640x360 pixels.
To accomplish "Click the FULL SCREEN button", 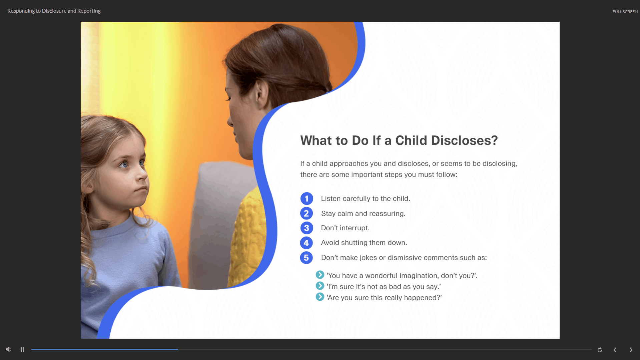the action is coord(625,12).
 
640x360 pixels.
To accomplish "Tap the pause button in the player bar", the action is coord(22,350).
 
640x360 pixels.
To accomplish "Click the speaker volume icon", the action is coord(8,349).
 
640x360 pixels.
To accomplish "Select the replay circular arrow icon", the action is coord(600,350).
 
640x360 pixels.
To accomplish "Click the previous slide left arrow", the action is coord(615,350).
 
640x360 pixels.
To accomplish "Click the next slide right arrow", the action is coord(631,350).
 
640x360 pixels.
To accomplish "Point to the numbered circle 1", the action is coord(306,199).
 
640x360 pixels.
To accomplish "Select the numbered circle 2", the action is coord(306,214).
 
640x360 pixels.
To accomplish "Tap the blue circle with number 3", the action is coord(306,228).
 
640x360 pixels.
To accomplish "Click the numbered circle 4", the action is coord(306,243).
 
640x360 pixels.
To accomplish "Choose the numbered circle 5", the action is coord(306,258).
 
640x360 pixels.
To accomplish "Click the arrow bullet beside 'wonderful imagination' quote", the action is coord(320,275).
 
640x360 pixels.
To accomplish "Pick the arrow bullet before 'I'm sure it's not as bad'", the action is coord(320,286).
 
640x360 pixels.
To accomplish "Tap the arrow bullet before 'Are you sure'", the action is coord(320,297).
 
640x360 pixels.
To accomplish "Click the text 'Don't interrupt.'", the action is coord(345,228).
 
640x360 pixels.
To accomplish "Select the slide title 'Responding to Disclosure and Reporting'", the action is coord(54,11).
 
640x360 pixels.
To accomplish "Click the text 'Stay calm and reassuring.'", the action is coord(363,214).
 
